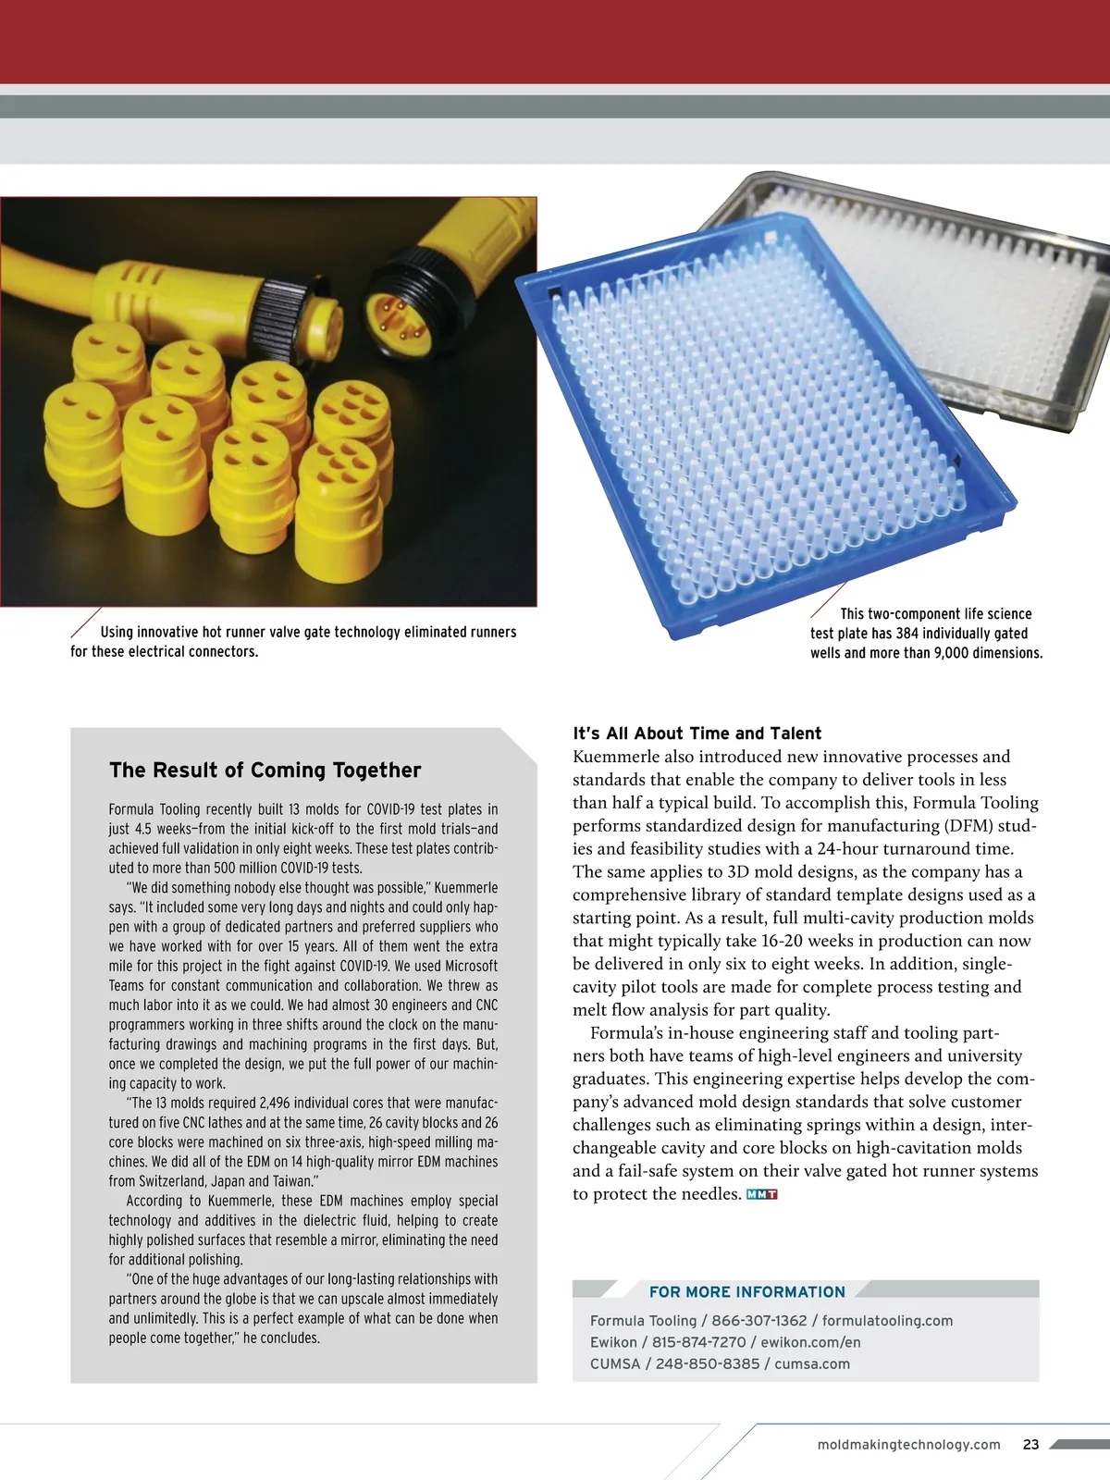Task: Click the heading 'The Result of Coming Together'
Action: tap(265, 771)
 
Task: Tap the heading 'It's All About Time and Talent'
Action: tap(697, 734)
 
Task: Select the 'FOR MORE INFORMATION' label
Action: tap(746, 1292)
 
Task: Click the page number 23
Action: tap(1031, 1444)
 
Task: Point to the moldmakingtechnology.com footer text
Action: tap(909, 1444)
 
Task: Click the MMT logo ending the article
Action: tap(761, 1194)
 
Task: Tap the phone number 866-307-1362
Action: tap(758, 1321)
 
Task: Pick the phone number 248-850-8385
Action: tap(708, 1363)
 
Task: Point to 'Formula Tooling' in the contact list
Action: tap(643, 1321)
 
